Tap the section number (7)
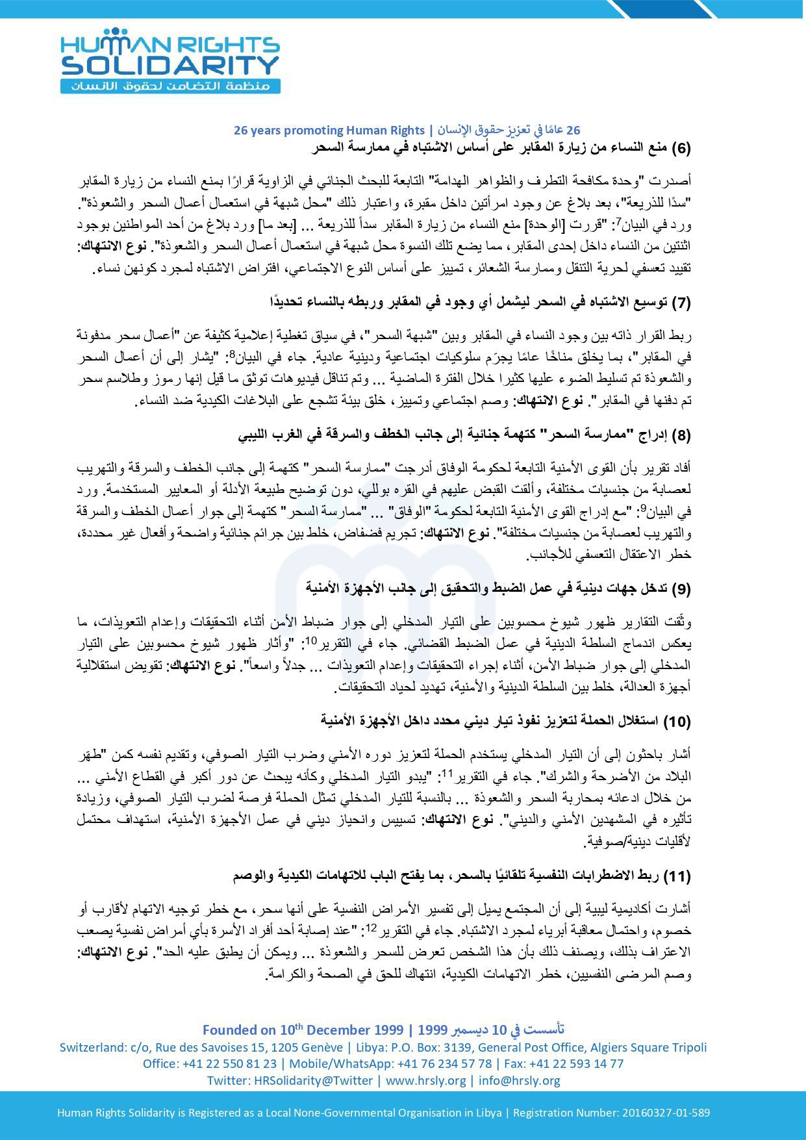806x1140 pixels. (679, 302)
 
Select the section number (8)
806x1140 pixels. (679, 435)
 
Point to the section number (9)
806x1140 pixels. (679, 589)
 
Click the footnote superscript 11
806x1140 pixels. (447, 772)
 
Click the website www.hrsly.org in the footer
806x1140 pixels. (426, 1080)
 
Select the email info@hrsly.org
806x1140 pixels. (519, 1080)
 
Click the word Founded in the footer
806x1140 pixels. (230, 1030)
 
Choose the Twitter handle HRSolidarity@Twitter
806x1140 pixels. (313, 1080)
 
